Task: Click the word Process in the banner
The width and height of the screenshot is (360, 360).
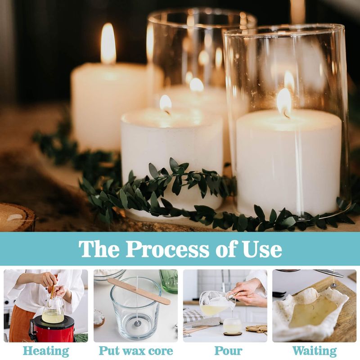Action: [x=167, y=249]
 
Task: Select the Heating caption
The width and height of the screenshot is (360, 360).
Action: [x=46, y=351]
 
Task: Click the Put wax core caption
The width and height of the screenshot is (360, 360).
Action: [x=136, y=351]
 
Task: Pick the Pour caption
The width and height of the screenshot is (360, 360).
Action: [x=228, y=351]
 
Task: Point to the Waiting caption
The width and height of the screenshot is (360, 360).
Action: [x=314, y=351]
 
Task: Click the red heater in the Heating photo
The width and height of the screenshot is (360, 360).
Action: [x=52, y=328]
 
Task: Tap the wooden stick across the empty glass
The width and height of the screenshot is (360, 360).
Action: [x=139, y=291]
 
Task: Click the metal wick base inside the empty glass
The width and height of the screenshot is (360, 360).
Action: [x=137, y=324]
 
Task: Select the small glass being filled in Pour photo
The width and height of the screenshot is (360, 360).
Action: [x=232, y=326]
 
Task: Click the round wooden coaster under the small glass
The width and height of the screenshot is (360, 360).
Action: [x=233, y=333]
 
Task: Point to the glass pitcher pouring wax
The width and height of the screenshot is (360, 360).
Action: [x=217, y=303]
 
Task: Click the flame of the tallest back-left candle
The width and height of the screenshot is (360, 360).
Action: [x=108, y=43]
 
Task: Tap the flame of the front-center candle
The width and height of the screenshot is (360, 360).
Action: [x=166, y=104]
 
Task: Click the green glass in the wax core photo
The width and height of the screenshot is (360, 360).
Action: [x=169, y=281]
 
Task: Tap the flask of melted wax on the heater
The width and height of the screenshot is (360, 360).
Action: [x=53, y=310]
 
